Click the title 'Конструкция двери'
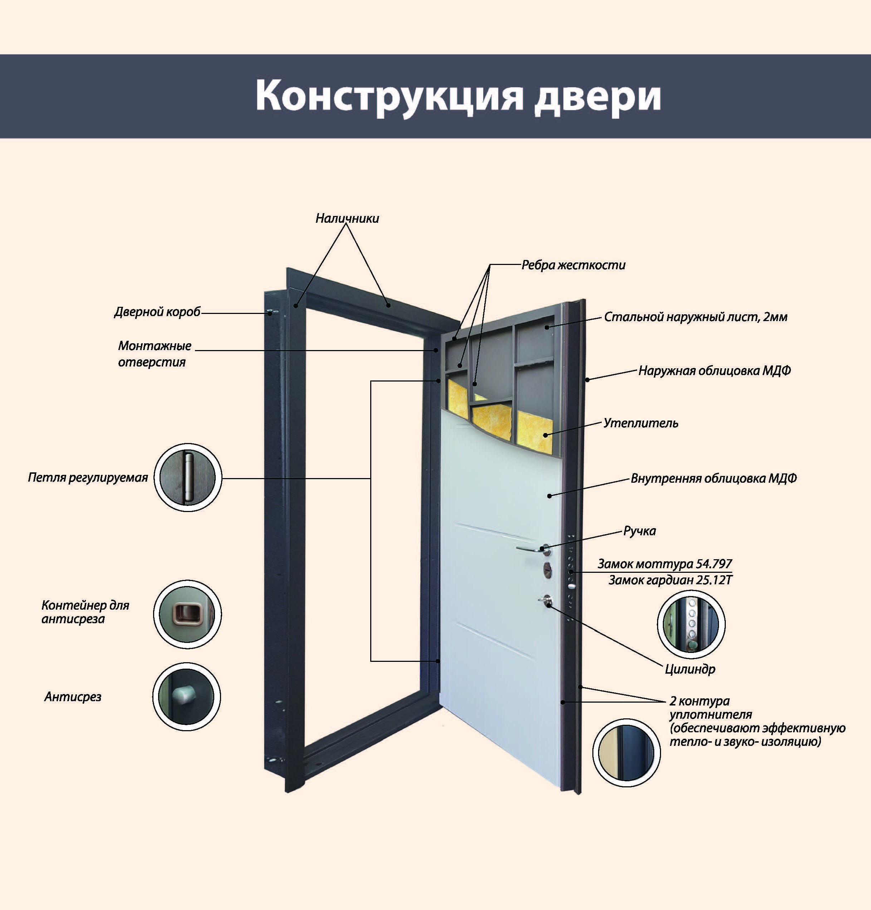tap(458, 96)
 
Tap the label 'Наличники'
tap(347, 218)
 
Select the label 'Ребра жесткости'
tap(573, 265)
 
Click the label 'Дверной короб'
tap(157, 312)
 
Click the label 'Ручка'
tap(639, 531)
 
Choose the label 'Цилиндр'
tap(690, 669)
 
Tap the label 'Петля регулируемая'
tap(88, 477)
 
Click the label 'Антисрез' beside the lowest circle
tap(73, 697)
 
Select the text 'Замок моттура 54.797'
tap(664, 564)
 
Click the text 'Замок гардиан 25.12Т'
tap(670, 580)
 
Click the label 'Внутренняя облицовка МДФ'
tap(714, 478)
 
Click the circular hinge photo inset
tap(187, 477)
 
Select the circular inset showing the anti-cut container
tap(187, 614)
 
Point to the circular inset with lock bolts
tap(691, 624)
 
